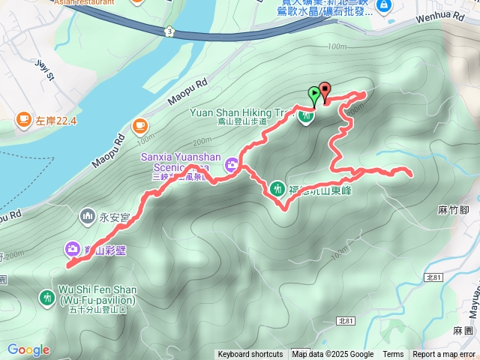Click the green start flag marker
coord(313,95)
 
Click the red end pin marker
coord(325,91)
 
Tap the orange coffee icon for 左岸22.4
coord(22,120)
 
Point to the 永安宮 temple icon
coord(87,217)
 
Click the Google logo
coord(28,349)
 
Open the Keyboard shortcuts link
coord(250,355)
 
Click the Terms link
coord(393,355)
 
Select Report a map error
coord(445,355)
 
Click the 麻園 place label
coord(463,330)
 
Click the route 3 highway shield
coord(171,31)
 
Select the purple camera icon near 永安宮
coord(72,247)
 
